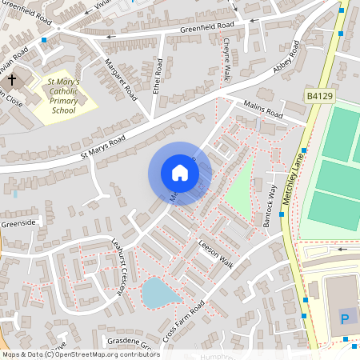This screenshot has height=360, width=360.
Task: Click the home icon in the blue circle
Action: pyautogui.click(x=180, y=173)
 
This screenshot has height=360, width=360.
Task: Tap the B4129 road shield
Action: pyautogui.click(x=319, y=96)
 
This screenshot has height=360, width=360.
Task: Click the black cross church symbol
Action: pyautogui.click(x=11, y=80)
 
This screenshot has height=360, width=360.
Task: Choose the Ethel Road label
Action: pyautogui.click(x=158, y=77)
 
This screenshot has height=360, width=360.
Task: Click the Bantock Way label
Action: pyautogui.click(x=270, y=206)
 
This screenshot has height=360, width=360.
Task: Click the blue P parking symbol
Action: pyautogui.click(x=345, y=318)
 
